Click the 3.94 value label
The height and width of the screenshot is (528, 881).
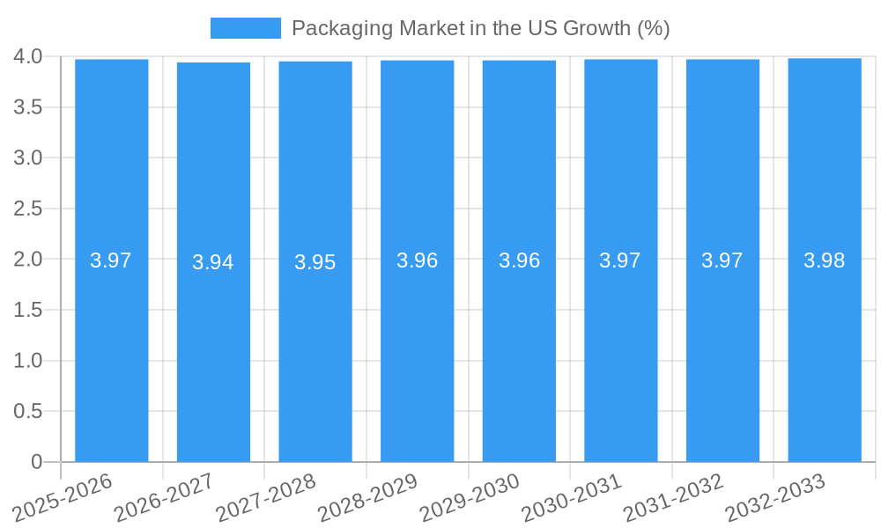point(213,262)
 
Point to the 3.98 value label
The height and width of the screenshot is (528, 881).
point(825,260)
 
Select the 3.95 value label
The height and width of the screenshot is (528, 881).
point(315,262)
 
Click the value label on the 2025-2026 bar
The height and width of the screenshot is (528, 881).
point(111,260)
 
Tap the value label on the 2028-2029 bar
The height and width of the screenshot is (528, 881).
point(418,260)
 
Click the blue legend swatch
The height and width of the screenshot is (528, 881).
point(245,28)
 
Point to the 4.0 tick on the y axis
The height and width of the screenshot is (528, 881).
point(28,56)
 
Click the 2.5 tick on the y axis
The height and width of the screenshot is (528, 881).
point(28,209)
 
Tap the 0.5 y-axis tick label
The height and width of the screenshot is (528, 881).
point(28,411)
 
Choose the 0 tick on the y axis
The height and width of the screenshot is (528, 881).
point(36,462)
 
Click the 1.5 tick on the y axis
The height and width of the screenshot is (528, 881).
point(28,310)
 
